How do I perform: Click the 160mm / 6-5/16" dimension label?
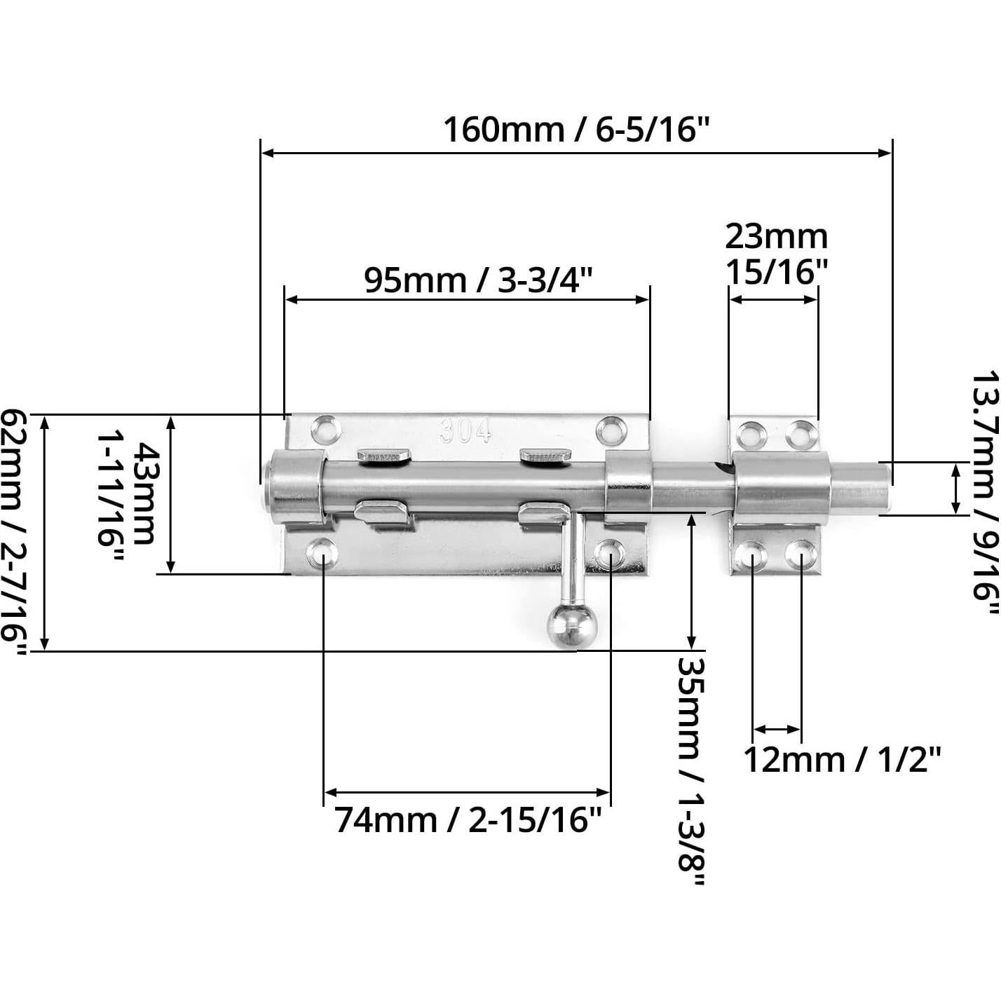[576, 130]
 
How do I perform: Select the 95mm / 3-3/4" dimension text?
[478, 280]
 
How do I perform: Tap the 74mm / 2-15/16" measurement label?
[468, 819]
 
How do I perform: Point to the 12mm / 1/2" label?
[841, 760]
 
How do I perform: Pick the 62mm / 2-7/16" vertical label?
[14, 533]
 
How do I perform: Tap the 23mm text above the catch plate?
[776, 237]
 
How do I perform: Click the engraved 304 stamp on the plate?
[465, 431]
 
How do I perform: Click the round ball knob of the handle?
[572, 625]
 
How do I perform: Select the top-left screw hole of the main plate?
[326, 429]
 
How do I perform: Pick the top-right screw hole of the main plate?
[611, 430]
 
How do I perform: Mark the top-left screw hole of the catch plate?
[751, 435]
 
